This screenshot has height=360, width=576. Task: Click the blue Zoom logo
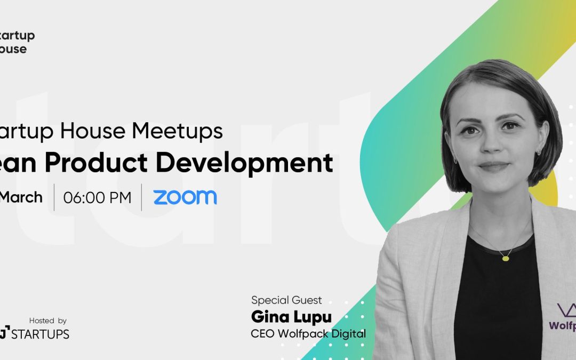point(185,197)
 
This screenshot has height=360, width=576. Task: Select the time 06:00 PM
point(97,197)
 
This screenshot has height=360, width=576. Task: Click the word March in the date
point(21,197)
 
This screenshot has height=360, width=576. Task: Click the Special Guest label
point(286,300)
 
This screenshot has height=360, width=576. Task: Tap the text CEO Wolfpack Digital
point(308,334)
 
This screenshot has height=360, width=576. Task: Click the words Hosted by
point(48,321)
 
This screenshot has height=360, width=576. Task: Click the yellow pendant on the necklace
point(505,258)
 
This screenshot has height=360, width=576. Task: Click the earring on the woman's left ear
point(539,152)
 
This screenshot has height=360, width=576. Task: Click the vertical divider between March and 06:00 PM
point(54,197)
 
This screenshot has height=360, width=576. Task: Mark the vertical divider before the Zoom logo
point(142,197)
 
